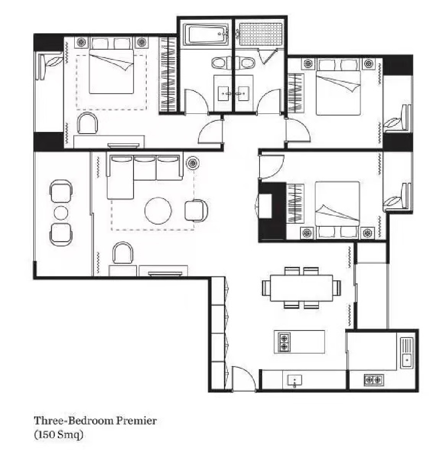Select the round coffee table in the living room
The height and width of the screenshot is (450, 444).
159,211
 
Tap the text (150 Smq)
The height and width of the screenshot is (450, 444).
59,435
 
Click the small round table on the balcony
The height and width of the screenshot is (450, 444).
61,213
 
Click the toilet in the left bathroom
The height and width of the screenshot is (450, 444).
219,63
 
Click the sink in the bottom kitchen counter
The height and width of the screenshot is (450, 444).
294,380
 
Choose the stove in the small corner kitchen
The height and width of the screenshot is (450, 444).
373,379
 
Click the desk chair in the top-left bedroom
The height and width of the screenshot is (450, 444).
87,123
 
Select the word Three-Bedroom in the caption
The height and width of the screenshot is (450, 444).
73,421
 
